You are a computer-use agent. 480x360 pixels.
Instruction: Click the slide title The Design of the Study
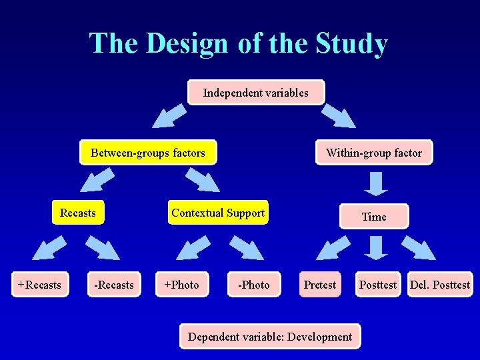pyautogui.click(x=239, y=44)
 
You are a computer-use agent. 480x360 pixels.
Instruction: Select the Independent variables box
pyautogui.click(x=256, y=93)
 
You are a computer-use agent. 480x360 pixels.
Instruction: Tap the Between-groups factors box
pyautogui.click(x=148, y=153)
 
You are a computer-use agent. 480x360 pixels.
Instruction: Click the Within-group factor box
pyautogui.click(x=374, y=153)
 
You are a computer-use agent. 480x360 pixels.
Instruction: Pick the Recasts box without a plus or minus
pyautogui.click(x=78, y=213)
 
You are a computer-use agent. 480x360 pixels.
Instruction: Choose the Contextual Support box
pyautogui.click(x=218, y=213)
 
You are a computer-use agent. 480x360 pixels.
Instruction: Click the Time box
pyautogui.click(x=374, y=217)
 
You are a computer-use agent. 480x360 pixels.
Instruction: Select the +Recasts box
pyautogui.click(x=39, y=285)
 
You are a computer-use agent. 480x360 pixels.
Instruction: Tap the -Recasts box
pyautogui.click(x=114, y=285)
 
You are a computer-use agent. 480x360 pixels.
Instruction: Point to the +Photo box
pyautogui.click(x=181, y=285)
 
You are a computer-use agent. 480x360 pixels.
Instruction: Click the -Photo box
pyautogui.click(x=254, y=285)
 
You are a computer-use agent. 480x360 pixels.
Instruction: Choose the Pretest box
pyautogui.click(x=320, y=285)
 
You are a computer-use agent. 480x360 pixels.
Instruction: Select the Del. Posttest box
pyautogui.click(x=439, y=285)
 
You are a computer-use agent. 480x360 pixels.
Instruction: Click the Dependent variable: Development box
pyautogui.click(x=270, y=337)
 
